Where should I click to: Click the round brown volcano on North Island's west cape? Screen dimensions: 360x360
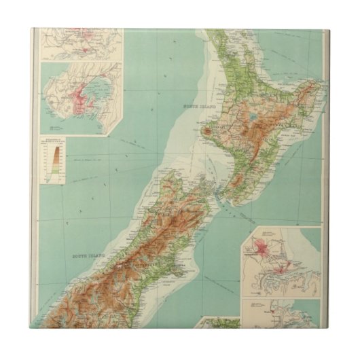(x=206, y=130)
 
